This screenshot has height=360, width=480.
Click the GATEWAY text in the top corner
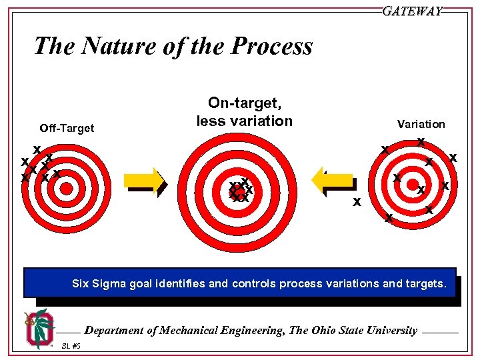(412, 11)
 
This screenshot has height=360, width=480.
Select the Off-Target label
(67, 128)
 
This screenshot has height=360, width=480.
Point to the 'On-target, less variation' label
(244, 111)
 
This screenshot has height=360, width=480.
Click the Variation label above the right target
(421, 124)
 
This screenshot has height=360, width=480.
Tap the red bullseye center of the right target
(413, 184)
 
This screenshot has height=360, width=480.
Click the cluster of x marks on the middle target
(240, 190)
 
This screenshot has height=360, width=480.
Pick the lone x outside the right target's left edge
(357, 201)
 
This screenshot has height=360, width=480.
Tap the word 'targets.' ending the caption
(425, 283)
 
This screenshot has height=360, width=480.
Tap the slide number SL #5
(71, 346)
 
